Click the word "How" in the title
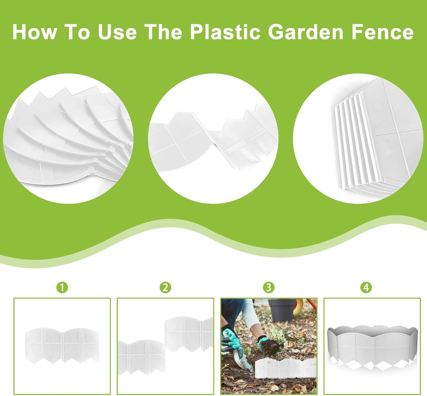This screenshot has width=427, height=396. tap(35, 32)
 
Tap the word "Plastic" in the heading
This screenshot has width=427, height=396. tap(225, 32)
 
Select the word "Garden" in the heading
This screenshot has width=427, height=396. tap(305, 32)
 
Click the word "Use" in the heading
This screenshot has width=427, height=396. tap(117, 32)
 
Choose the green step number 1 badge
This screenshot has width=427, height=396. tap(62, 288)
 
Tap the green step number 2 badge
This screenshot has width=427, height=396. tap(165, 288)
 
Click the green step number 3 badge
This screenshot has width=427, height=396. tap(269, 288)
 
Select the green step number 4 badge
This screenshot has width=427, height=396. tap(366, 288)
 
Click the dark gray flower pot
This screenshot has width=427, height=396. tap(282, 310)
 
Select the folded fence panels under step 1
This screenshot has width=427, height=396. tap(62, 346)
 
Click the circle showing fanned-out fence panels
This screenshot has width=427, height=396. tap(68, 139)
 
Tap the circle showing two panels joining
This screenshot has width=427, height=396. tap(213, 139)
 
